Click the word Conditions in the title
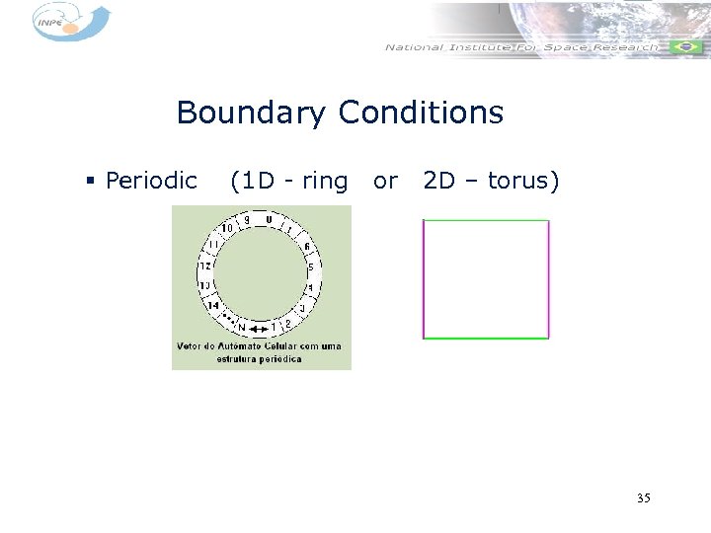tap(421, 114)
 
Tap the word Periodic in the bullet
tap(151, 182)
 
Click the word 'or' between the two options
tap(385, 182)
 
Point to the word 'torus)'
tap(523, 182)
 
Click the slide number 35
tap(644, 498)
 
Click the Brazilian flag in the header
tap(685, 47)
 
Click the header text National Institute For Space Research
tap(520, 47)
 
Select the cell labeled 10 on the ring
tap(226, 229)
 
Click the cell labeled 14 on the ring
tap(212, 305)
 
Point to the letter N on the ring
tap(241, 328)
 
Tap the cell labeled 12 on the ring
tap(205, 266)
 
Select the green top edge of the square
tap(485, 220)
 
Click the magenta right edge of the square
tap(548, 279)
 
